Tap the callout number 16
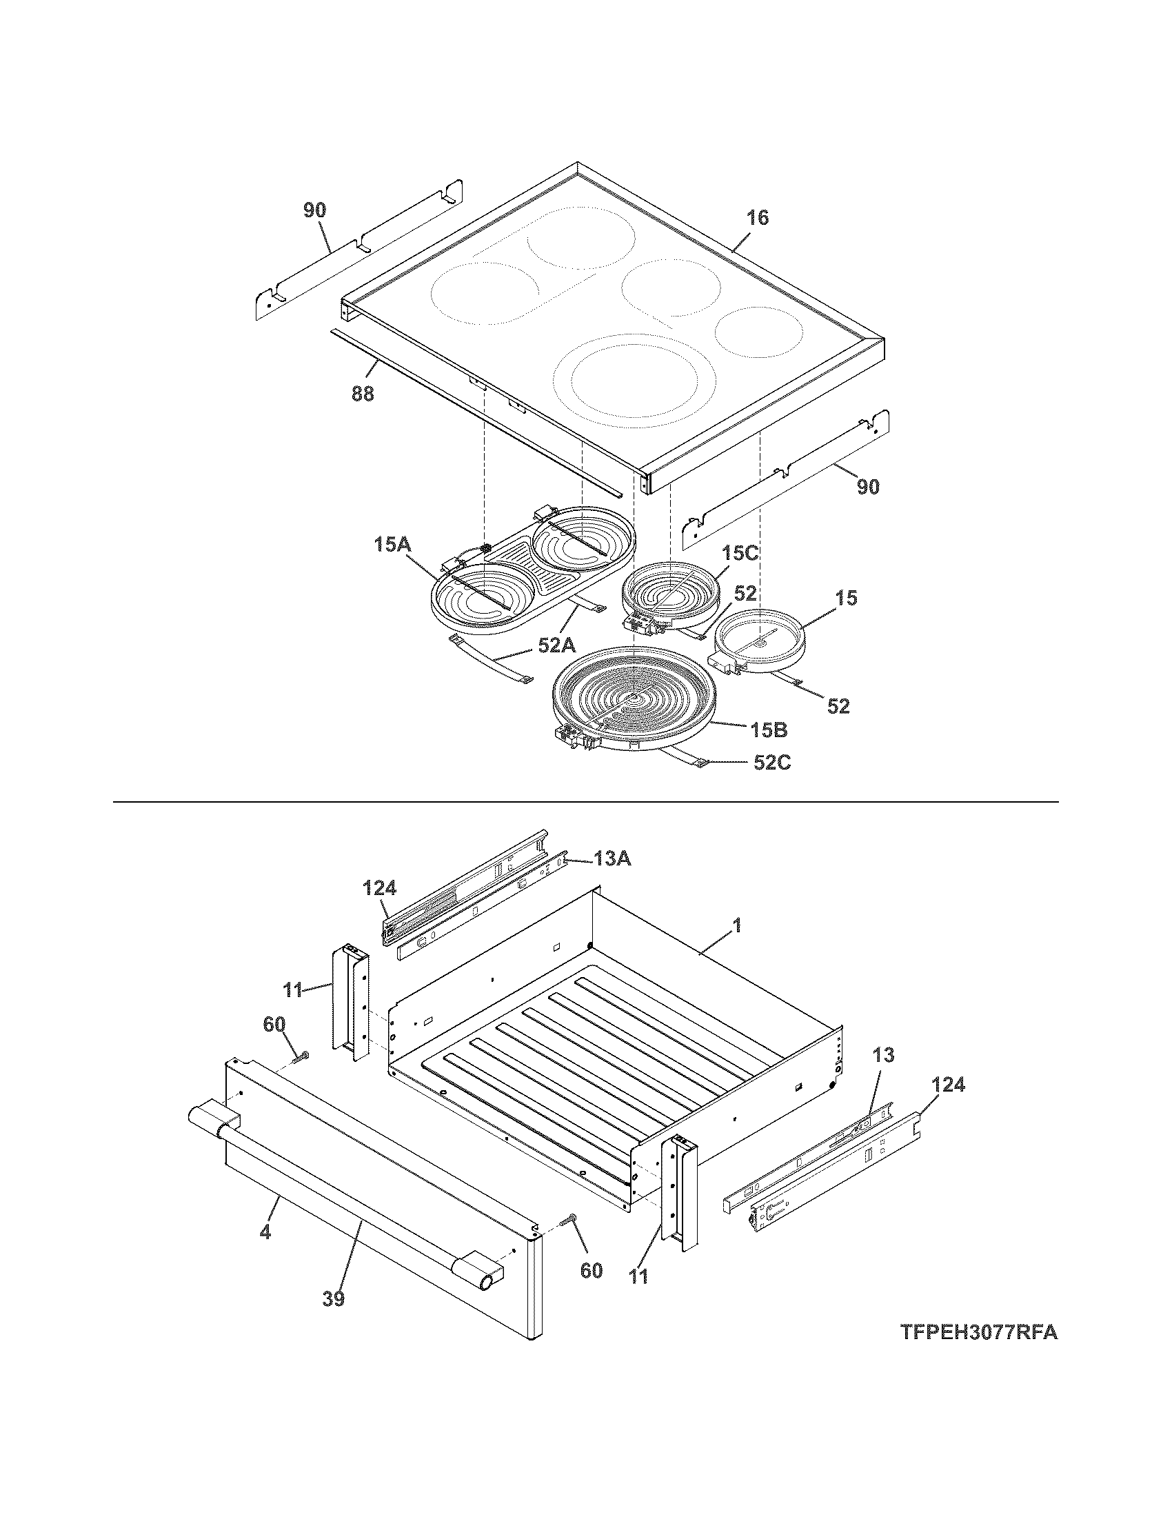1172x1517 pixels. pyautogui.click(x=758, y=218)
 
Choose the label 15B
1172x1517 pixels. pyautogui.click(x=768, y=730)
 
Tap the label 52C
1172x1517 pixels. pyautogui.click(x=772, y=763)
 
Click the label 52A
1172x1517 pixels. pyautogui.click(x=557, y=646)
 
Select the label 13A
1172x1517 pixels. pyautogui.click(x=612, y=859)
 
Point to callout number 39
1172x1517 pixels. pyautogui.click(x=333, y=1298)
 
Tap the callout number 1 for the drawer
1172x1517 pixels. pyautogui.click(x=737, y=926)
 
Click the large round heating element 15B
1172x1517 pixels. pyautogui.click(x=632, y=698)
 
